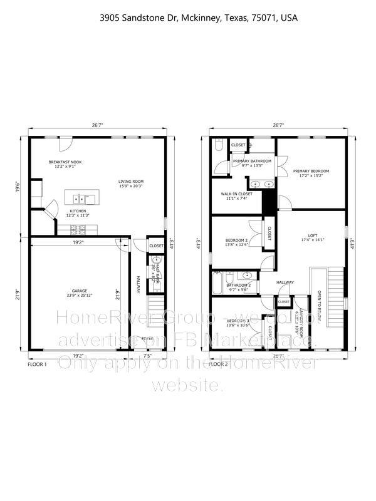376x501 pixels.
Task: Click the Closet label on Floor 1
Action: click(156, 246)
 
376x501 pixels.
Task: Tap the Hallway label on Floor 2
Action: click(285, 282)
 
